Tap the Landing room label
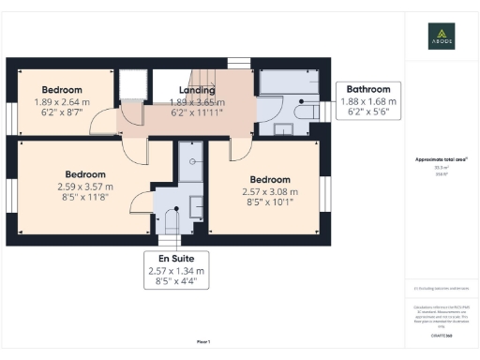tap(197, 90)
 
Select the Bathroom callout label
tap(368, 90)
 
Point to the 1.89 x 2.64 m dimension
tap(62, 101)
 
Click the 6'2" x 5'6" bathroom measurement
tap(368, 112)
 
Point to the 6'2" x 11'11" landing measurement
tap(197, 112)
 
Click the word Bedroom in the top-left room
tap(62, 90)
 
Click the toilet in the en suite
tap(171, 222)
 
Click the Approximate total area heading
tap(442, 160)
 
